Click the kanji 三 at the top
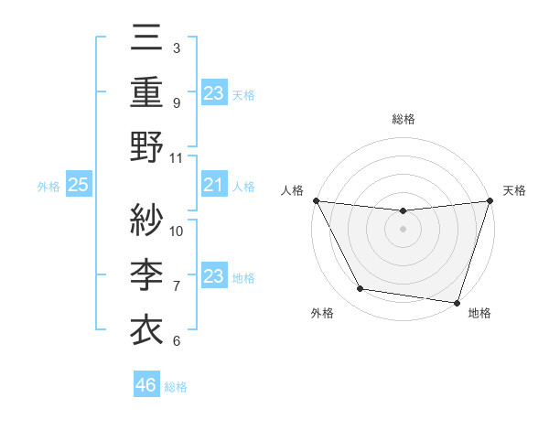click(x=146, y=39)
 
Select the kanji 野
click(x=146, y=148)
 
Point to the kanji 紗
click(x=146, y=220)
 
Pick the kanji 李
click(x=146, y=274)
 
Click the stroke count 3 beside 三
click(x=176, y=48)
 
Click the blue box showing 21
click(x=213, y=186)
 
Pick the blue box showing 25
click(x=79, y=186)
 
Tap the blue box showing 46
click(x=146, y=385)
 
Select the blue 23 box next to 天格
click(x=213, y=92)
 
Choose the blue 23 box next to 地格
click(x=213, y=276)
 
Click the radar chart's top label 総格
click(x=403, y=119)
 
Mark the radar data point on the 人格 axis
click(x=316, y=200)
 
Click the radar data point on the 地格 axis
click(x=457, y=302)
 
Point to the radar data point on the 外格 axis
click(x=361, y=289)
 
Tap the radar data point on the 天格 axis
click(x=490, y=200)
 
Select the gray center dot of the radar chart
click(x=403, y=229)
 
